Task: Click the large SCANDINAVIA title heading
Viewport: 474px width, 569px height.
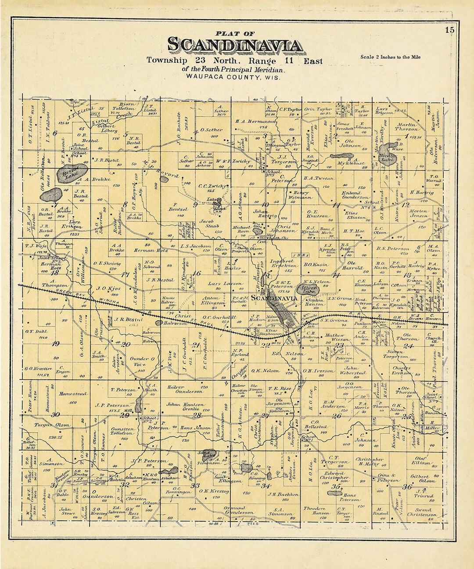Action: click(x=235, y=46)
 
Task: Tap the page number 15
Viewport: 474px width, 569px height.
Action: click(x=449, y=30)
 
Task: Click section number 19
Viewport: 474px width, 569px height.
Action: click(x=56, y=344)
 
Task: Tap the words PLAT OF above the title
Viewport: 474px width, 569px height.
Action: click(x=235, y=33)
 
